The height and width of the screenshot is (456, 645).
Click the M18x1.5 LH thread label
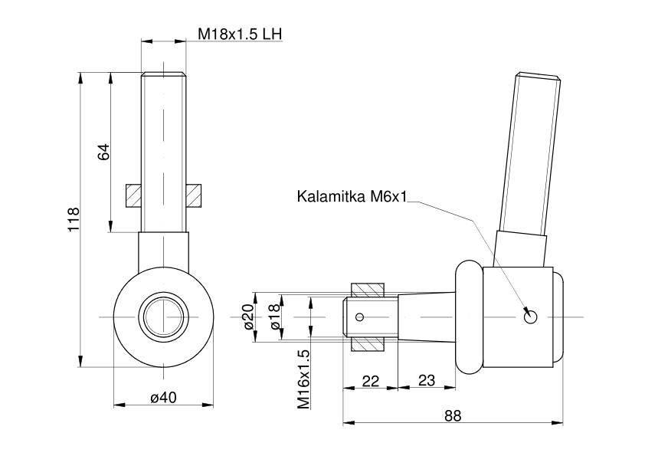pos(240,34)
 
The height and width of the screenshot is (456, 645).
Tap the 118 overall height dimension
pos(74,219)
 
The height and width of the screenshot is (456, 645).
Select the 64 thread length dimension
pos(103,152)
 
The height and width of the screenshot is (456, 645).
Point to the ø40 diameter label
pos(163,397)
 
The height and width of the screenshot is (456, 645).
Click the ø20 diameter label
pos(247,317)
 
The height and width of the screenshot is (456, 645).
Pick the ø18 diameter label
pos(276,317)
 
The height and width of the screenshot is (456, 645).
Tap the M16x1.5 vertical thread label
pos(303,379)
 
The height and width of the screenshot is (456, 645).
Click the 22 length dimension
pos(370,381)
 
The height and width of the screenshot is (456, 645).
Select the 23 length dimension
pos(427,380)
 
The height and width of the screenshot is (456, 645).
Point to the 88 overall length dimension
pos(453,415)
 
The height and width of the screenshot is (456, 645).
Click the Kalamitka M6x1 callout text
pos(352,196)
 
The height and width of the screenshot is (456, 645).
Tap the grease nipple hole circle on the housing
pos(531,317)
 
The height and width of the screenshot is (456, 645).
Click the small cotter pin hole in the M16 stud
pos(360,317)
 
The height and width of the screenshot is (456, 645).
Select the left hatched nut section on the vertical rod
pos(133,195)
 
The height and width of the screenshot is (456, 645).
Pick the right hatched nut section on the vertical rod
pos(193,195)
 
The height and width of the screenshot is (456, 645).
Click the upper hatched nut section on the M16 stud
pos(368,290)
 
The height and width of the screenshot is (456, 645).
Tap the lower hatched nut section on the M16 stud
pos(368,343)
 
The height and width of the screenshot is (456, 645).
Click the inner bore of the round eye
pos(163,317)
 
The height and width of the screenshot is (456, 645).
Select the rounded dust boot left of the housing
pos(469,318)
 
